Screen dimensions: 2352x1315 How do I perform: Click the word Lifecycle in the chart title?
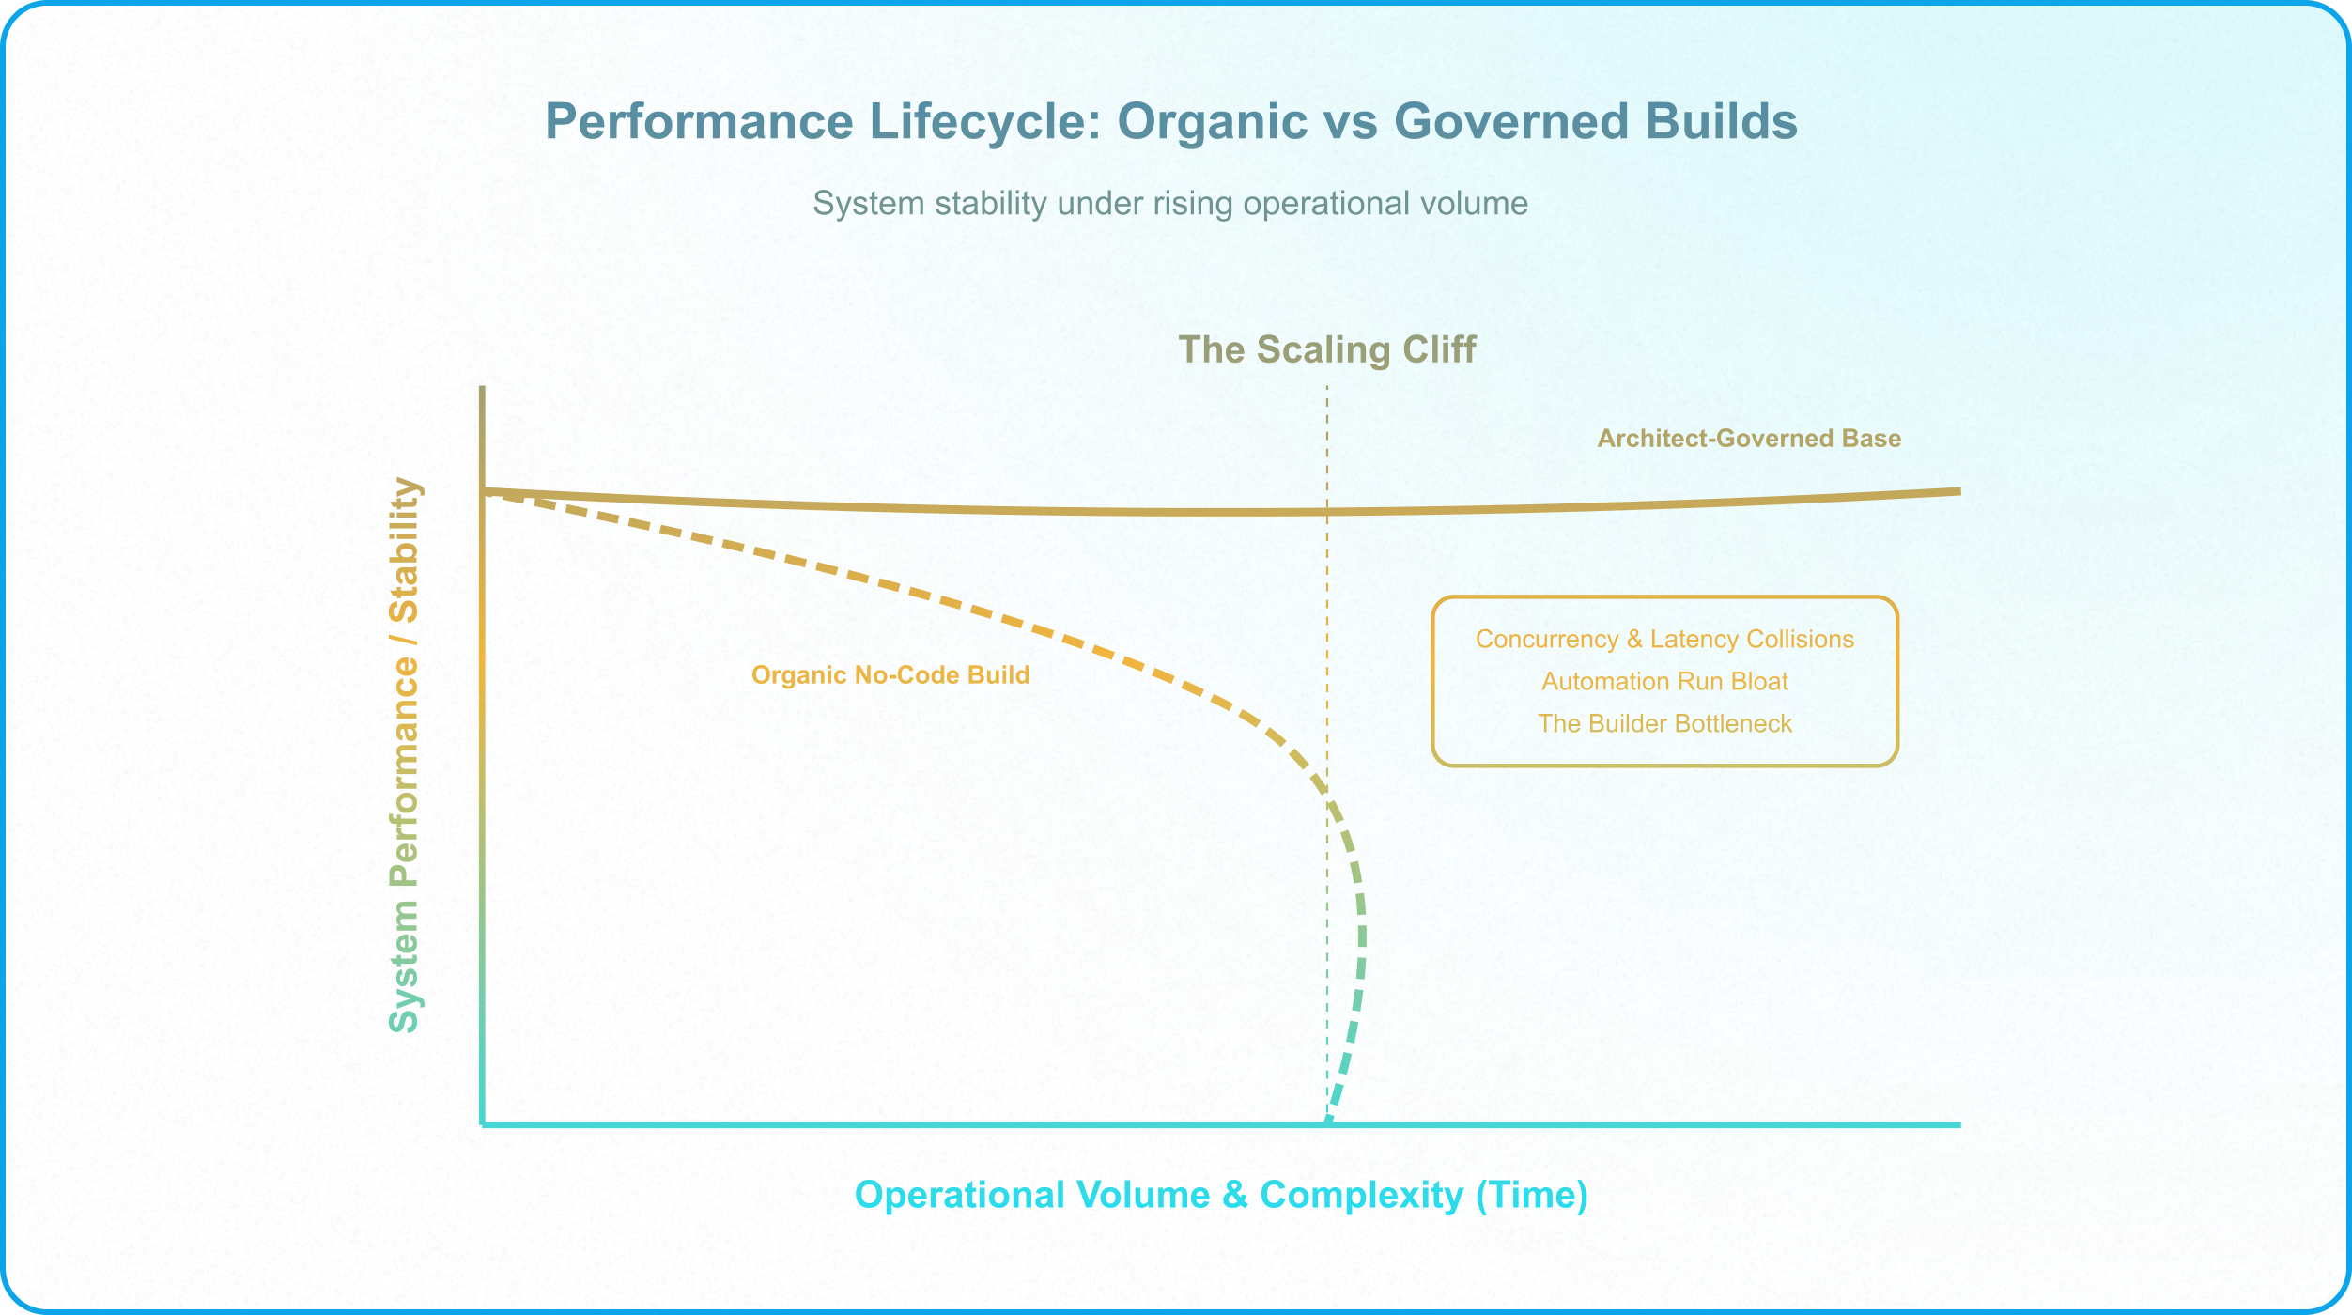point(985,122)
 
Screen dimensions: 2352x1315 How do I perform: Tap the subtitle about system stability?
point(1170,204)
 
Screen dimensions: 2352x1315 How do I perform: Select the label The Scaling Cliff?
point(1327,349)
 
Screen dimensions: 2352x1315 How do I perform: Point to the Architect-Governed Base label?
point(1749,439)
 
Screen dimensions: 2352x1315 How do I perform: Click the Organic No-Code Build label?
point(890,675)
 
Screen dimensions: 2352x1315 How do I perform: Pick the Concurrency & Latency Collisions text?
point(1664,640)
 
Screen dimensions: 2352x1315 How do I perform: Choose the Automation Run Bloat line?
point(1664,682)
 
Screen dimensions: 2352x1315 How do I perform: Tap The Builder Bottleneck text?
point(1664,724)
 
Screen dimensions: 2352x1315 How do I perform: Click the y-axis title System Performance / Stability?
point(405,755)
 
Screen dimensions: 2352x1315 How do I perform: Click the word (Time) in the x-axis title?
point(1532,1195)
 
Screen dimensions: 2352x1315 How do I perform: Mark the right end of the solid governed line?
point(1959,491)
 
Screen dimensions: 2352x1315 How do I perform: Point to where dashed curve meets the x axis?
point(1328,1122)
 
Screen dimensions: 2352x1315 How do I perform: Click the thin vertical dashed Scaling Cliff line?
point(1327,753)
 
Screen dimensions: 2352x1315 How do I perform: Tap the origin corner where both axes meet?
point(483,1124)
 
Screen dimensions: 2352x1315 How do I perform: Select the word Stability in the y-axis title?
point(405,550)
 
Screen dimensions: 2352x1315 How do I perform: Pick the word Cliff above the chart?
point(1439,349)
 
